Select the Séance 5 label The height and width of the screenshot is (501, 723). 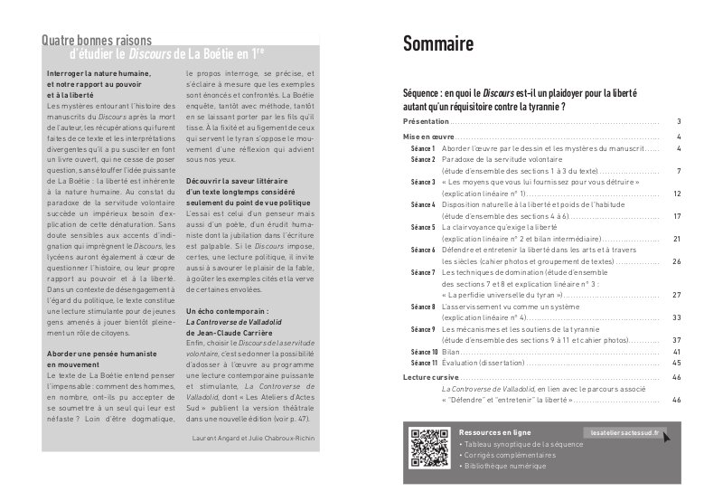[423, 228]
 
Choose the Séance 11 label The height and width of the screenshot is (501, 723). [423, 363]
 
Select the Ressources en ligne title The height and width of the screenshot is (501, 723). [494, 432]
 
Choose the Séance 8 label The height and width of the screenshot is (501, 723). [423, 307]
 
